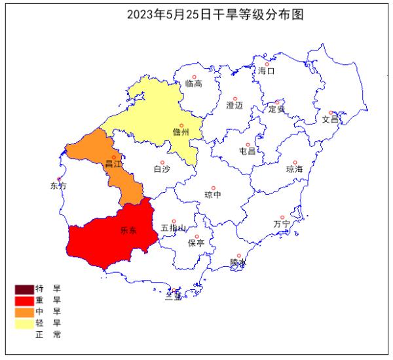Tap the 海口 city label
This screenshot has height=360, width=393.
(266, 70)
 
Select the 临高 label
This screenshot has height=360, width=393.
(193, 83)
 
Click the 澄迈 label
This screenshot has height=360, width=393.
(234, 105)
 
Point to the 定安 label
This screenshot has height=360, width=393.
(277, 109)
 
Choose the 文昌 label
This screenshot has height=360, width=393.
(330, 119)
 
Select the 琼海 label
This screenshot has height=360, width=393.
(295, 169)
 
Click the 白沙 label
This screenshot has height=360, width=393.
(161, 169)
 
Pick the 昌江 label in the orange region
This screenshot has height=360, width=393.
(113, 164)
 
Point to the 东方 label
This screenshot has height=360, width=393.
(58, 186)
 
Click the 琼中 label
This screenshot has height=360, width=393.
(213, 194)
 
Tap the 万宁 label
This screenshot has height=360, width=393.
(282, 224)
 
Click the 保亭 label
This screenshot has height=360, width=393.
(196, 243)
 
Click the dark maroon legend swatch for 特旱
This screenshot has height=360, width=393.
(24, 289)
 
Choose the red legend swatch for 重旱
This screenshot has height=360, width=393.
(24, 300)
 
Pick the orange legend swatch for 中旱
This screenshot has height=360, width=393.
(24, 311)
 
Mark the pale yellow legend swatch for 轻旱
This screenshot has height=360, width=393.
(24, 322)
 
